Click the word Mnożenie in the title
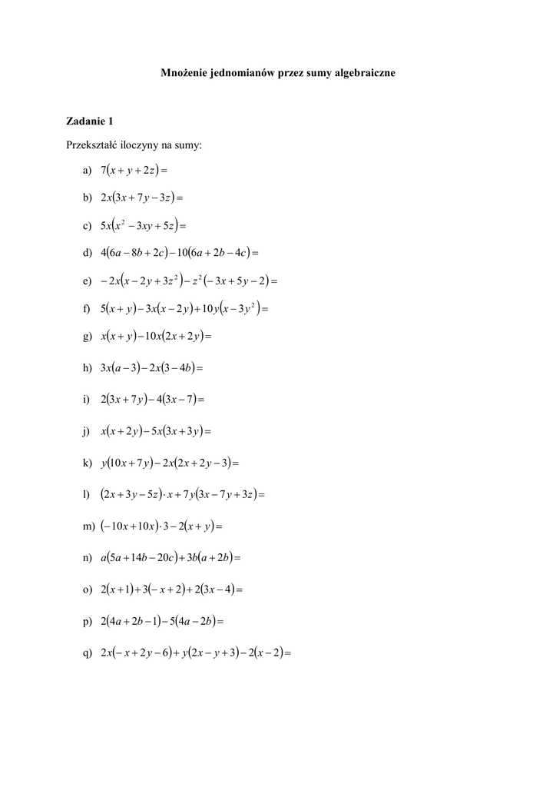[183, 73]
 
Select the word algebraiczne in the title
[362, 73]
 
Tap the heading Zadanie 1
[90, 121]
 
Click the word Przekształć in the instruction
[93, 144]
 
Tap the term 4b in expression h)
[184, 368]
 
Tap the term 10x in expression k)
[119, 463]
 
